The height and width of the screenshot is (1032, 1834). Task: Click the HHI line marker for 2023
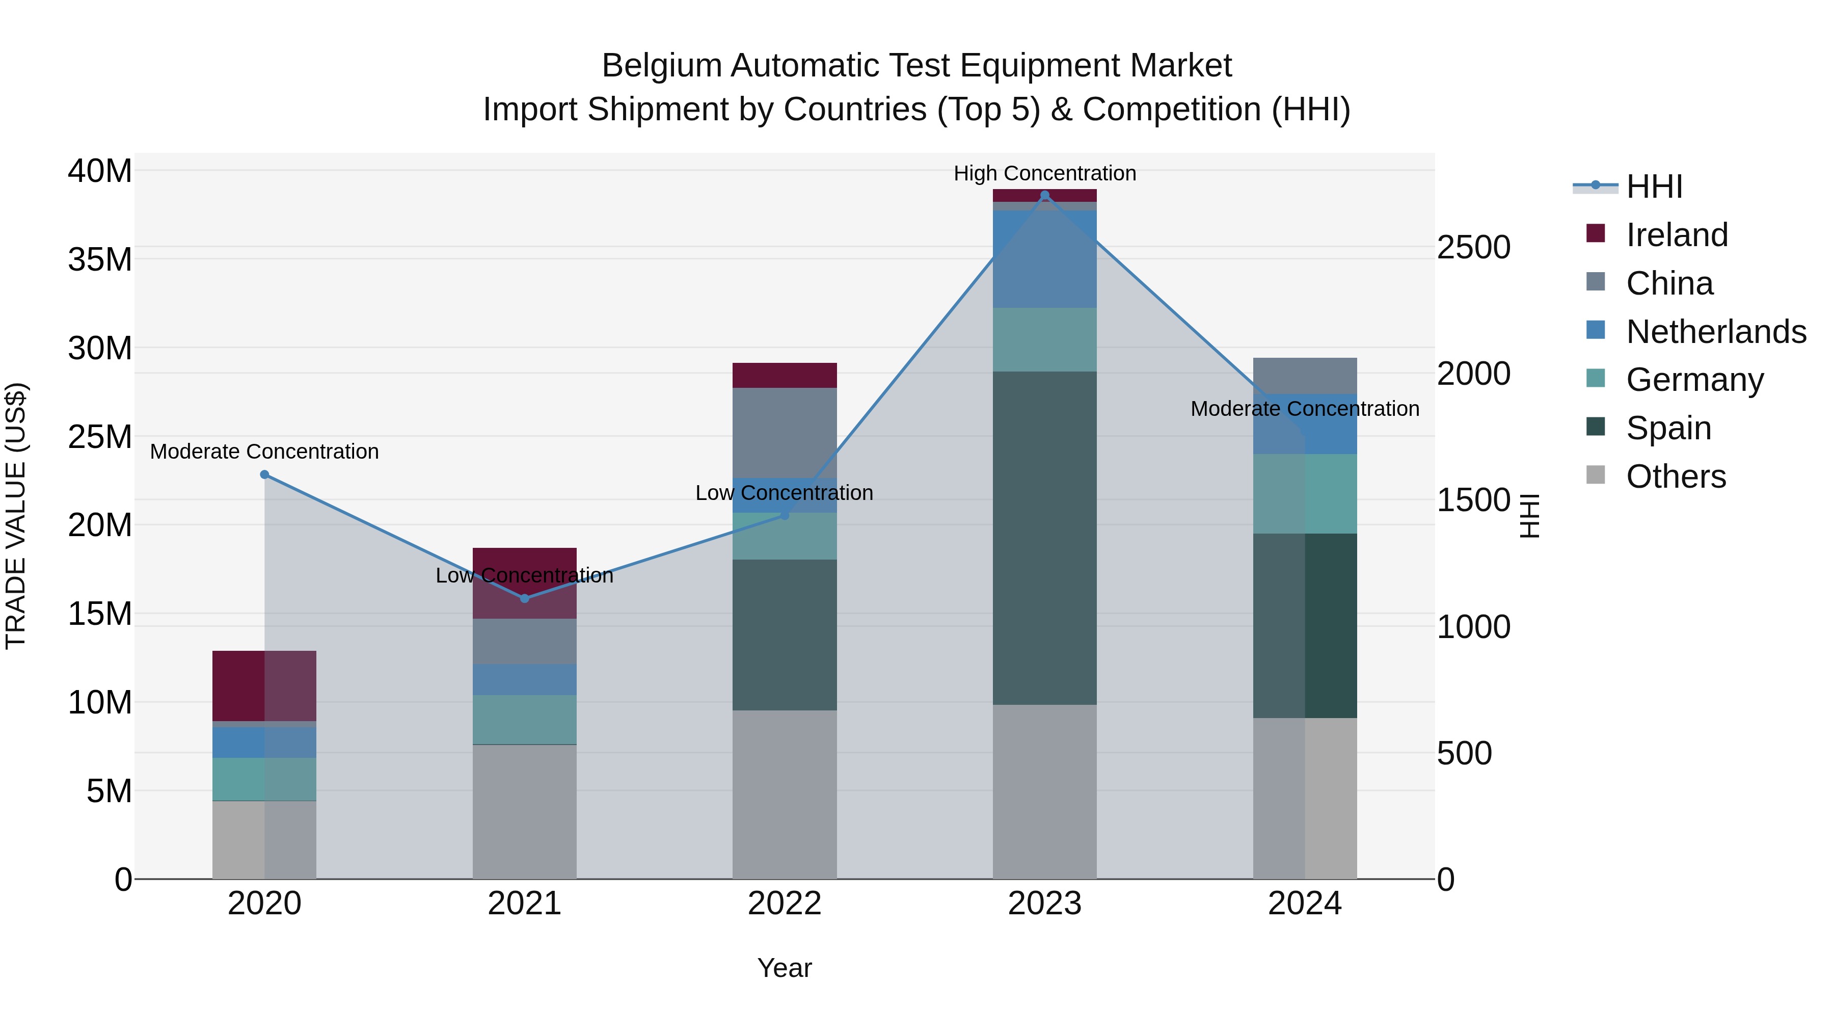point(1044,195)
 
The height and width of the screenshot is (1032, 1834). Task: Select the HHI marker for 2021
point(525,598)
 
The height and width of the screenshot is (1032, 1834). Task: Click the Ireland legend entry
point(1676,235)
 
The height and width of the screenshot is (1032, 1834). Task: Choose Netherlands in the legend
point(1716,332)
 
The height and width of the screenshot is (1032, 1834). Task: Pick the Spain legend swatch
point(1596,428)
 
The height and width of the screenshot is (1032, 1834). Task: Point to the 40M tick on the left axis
point(100,172)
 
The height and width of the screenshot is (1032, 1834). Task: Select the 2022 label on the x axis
point(785,904)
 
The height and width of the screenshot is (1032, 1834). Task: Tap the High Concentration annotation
point(1044,173)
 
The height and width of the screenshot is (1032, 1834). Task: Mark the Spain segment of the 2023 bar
point(1044,538)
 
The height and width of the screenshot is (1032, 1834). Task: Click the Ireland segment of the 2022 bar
point(785,375)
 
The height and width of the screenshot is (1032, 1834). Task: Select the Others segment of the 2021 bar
point(525,812)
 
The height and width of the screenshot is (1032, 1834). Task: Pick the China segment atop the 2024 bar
point(1305,375)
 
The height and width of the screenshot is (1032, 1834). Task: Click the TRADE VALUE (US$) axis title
point(16,516)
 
